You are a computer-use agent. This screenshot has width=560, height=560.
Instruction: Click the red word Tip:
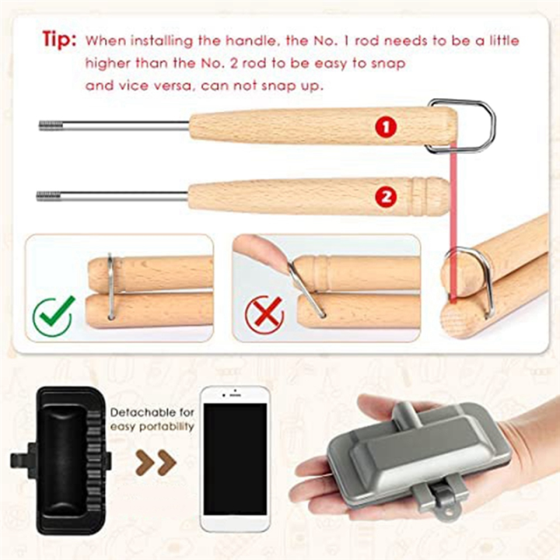(x=59, y=39)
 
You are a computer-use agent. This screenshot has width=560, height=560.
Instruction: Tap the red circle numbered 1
(x=386, y=127)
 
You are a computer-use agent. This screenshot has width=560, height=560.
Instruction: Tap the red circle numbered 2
(x=386, y=196)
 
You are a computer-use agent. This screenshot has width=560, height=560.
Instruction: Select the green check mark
(x=54, y=314)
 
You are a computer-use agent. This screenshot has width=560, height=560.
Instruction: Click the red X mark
(x=265, y=314)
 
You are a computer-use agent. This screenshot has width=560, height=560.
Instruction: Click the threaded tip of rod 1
(x=51, y=125)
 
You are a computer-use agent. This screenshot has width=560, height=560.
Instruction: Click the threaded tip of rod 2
(x=48, y=196)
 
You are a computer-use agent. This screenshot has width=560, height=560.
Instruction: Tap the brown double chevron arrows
(x=156, y=463)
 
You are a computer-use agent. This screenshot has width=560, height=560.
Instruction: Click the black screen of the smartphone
(x=235, y=459)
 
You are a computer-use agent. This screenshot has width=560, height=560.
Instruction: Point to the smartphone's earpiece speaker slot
(x=235, y=395)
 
